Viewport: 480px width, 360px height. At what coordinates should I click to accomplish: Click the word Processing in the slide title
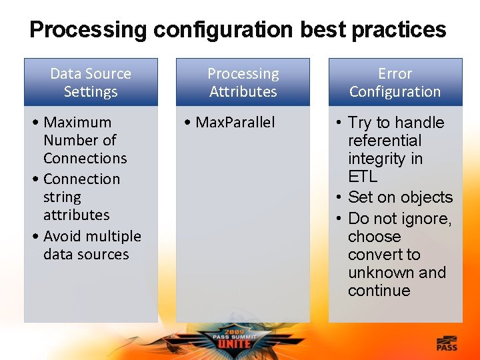(x=88, y=30)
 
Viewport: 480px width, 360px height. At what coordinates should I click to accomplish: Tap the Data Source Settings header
(x=91, y=83)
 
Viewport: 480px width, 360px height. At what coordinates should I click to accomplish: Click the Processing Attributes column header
(x=243, y=83)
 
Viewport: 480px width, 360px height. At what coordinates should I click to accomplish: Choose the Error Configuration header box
(x=395, y=83)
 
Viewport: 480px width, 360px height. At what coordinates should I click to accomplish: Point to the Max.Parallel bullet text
(x=235, y=123)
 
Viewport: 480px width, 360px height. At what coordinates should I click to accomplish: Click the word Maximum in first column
(x=77, y=123)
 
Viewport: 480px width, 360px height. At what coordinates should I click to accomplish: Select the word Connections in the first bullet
(x=85, y=159)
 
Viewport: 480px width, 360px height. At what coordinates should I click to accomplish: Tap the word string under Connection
(x=62, y=197)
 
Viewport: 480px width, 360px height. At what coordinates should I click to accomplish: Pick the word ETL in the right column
(x=363, y=177)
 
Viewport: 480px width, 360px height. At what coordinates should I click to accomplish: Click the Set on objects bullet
(x=399, y=197)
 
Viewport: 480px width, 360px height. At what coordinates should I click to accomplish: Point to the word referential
(x=385, y=141)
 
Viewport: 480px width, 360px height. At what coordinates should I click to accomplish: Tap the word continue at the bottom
(x=379, y=291)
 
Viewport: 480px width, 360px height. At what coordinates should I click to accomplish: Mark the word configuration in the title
(x=223, y=30)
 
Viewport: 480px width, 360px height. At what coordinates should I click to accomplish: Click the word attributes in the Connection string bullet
(x=76, y=215)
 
